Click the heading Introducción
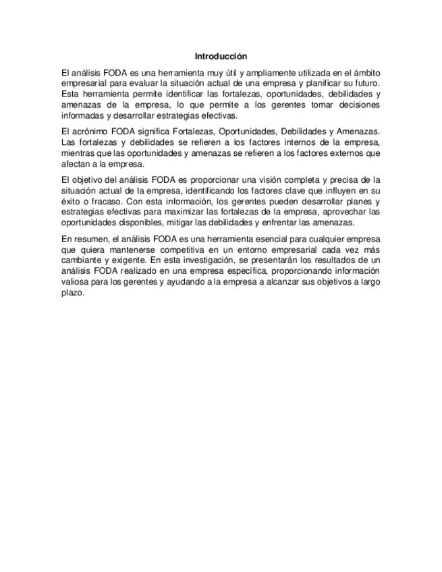(221, 56)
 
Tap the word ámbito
(365, 72)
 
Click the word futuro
(365, 83)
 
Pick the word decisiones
(357, 105)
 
